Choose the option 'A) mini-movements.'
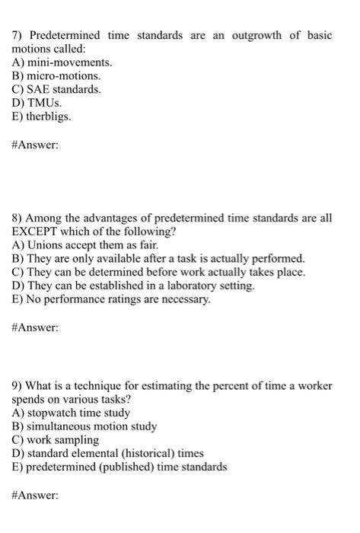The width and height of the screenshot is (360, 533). pyautogui.click(x=61, y=62)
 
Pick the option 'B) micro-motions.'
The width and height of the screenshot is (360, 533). pyautogui.click(x=56, y=76)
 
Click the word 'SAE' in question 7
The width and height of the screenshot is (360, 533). pyautogui.click(x=39, y=90)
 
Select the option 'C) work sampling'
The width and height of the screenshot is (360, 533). pyautogui.click(x=55, y=440)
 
